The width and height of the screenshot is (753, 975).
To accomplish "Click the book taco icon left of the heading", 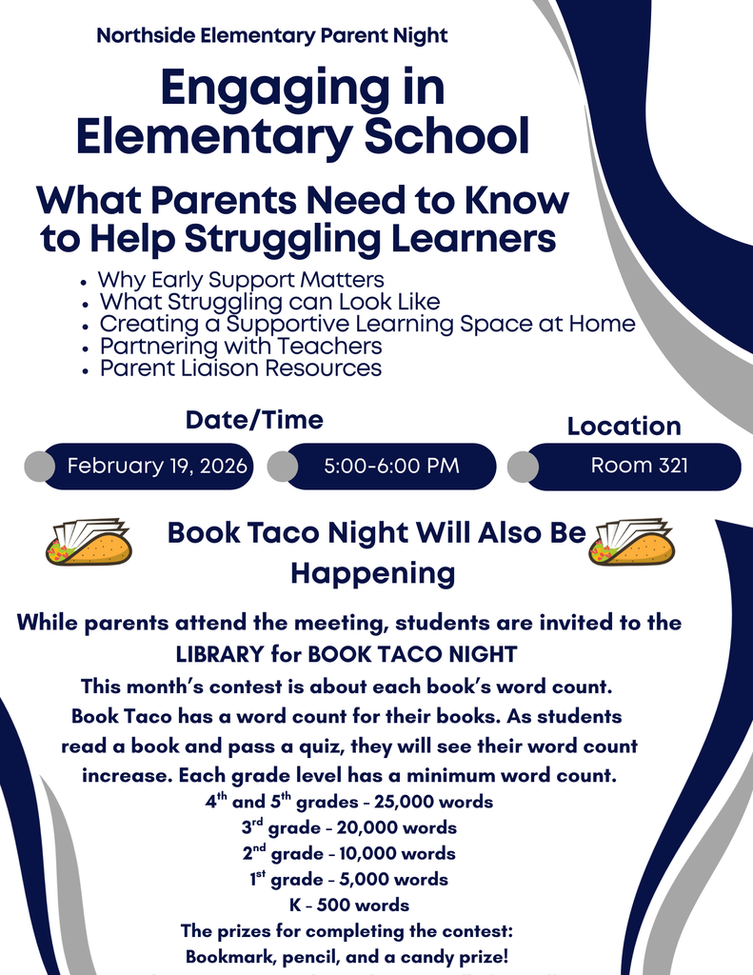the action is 89,542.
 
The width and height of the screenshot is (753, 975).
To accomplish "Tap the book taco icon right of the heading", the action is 631,542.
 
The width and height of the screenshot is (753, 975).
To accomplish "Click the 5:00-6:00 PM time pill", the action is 391,466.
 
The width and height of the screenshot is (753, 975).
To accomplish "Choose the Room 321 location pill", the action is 639,466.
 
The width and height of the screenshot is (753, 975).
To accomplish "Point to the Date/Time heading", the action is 254,419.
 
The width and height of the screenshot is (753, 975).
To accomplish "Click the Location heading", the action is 624,426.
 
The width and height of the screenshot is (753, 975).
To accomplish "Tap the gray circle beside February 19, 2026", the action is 39,467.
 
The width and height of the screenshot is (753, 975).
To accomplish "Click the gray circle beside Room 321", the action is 523,467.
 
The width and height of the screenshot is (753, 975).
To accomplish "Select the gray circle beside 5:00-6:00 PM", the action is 283,467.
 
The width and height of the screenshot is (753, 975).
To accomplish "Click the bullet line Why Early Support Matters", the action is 241,280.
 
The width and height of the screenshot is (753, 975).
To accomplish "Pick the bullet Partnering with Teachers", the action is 241,346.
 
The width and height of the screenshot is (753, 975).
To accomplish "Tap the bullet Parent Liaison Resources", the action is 241,368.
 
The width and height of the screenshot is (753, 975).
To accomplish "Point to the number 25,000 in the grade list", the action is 383,802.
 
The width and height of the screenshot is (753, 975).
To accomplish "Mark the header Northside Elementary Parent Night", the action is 271,36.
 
